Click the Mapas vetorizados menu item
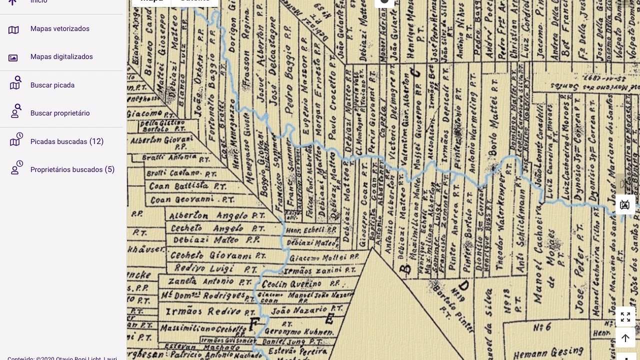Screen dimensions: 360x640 pyautogui.click(x=60, y=29)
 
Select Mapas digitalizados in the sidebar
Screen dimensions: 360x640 pyautogui.click(x=61, y=57)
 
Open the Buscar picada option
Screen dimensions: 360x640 pyautogui.click(x=52, y=85)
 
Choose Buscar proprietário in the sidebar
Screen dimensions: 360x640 pyautogui.click(x=60, y=113)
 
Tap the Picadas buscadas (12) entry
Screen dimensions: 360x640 pyautogui.click(x=67, y=142)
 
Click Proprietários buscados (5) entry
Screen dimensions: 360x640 pyautogui.click(x=72, y=170)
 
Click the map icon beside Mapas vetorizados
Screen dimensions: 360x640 pyautogui.click(x=13, y=30)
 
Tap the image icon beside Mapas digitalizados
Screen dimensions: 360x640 pyautogui.click(x=13, y=58)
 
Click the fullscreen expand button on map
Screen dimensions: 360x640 pyautogui.click(x=625, y=317)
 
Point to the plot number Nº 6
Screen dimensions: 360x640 pyautogui.click(x=542, y=327)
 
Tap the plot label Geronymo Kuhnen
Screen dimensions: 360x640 pyautogui.click(x=299, y=331)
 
